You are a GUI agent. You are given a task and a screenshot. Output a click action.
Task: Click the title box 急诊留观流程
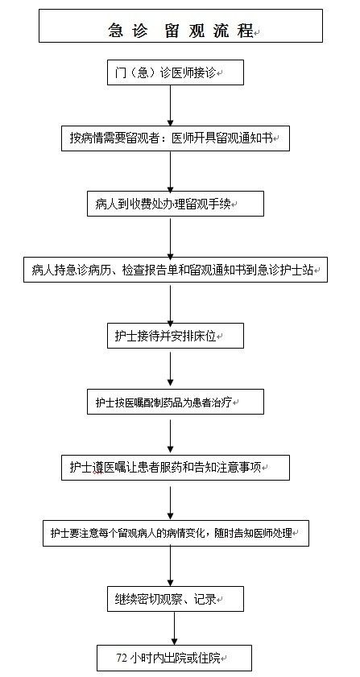click(x=180, y=26)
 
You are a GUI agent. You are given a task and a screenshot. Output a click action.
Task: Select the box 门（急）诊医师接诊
click(x=176, y=72)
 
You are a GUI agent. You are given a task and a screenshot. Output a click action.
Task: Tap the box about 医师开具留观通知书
click(x=176, y=138)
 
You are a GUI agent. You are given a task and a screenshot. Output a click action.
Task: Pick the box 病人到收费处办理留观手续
click(x=176, y=204)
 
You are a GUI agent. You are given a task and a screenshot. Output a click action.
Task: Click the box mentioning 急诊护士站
click(x=176, y=270)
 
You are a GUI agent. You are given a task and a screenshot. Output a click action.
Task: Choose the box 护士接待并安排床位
click(x=176, y=336)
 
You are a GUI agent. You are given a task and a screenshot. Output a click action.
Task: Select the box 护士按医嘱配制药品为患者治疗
click(x=176, y=402)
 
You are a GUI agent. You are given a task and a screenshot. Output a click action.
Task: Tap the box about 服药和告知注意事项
click(x=176, y=468)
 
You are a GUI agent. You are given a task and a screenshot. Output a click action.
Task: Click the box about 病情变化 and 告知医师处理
click(x=176, y=533)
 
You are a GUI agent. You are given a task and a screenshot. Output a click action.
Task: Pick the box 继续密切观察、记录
click(x=176, y=599)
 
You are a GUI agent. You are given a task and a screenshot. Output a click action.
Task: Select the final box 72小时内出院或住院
click(x=174, y=658)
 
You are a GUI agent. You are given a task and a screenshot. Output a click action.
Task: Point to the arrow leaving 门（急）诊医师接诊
click(x=171, y=105)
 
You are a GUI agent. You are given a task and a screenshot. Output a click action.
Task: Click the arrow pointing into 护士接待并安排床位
click(x=171, y=303)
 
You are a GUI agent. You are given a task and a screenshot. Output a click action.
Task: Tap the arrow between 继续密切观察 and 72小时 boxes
click(x=174, y=628)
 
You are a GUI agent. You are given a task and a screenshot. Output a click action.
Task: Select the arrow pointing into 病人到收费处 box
click(x=171, y=171)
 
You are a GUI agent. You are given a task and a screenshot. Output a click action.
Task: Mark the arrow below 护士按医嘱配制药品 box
click(x=171, y=435)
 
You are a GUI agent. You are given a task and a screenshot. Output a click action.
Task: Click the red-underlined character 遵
click(x=97, y=468)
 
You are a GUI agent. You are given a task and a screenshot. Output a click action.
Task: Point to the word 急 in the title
click(x=115, y=31)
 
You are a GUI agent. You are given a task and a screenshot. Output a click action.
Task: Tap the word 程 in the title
click(x=245, y=31)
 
